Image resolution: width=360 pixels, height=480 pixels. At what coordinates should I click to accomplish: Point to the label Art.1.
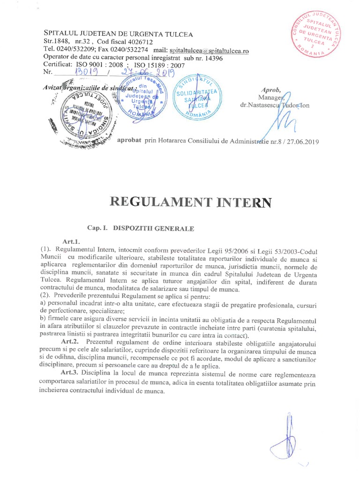69,241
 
